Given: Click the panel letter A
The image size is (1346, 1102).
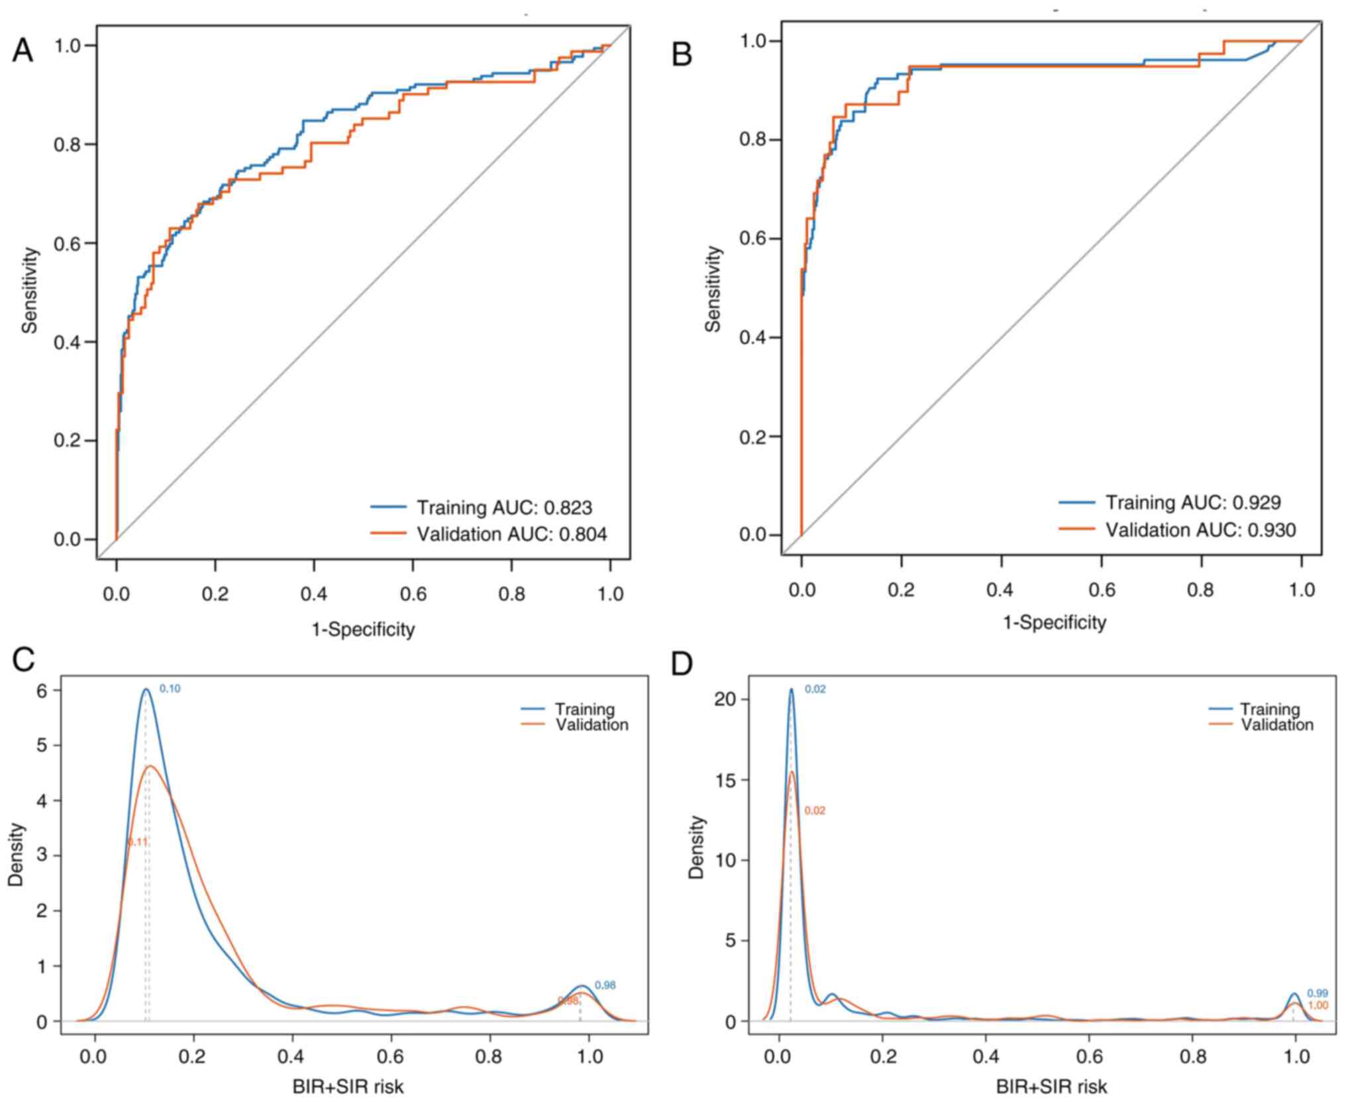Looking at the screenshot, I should pos(23,50).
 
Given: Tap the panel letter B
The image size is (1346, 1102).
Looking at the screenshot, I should pos(682,54).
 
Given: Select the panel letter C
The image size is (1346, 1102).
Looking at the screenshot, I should pos(23,659).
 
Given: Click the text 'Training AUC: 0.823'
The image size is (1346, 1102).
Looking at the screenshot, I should pos(503,508).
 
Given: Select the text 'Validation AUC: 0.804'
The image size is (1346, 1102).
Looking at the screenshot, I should pos(511,534).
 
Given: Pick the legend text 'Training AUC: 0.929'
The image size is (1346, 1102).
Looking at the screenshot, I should pos(1192,502).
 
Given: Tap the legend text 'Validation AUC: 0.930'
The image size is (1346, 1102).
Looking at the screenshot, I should pos(1201,529).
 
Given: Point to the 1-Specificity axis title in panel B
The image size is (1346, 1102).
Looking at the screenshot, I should pos(1055,622).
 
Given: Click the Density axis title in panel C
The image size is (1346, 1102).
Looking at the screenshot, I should pos(17,855).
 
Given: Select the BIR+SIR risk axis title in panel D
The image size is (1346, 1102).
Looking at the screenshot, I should pos(1051,1087).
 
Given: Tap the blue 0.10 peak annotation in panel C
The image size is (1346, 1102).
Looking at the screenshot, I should pos(170,689).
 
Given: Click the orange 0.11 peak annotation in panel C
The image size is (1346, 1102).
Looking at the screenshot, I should pos(138,842).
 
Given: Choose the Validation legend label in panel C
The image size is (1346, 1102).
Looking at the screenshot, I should pos(592,725).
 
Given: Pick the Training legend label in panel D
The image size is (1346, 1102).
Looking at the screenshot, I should pos(1270,710).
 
